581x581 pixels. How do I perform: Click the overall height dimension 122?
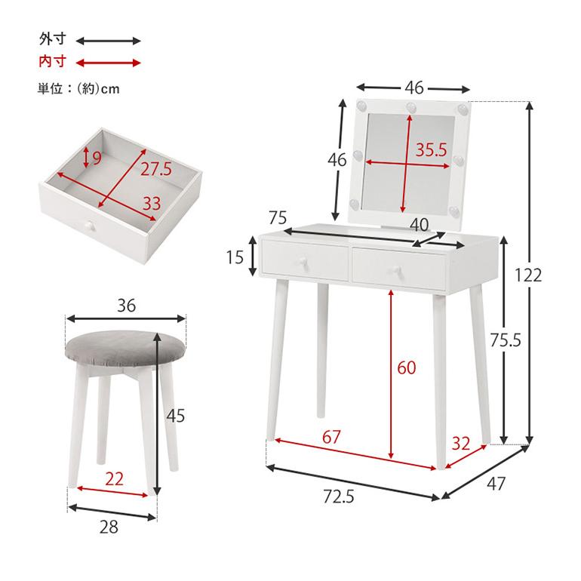pyautogui.click(x=528, y=275)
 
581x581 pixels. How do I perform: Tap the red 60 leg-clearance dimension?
pyautogui.click(x=406, y=367)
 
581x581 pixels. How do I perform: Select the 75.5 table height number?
pyautogui.click(x=506, y=340)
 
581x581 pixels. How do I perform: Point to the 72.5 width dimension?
pyautogui.click(x=339, y=496)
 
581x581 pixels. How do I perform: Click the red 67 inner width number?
pyautogui.click(x=331, y=437)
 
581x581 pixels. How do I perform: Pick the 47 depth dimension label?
pyautogui.click(x=496, y=484)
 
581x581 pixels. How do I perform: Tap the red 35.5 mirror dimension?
pyautogui.click(x=432, y=149)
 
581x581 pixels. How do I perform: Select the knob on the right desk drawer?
pyautogui.click(x=395, y=270)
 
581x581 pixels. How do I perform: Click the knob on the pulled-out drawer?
pyautogui.click(x=89, y=226)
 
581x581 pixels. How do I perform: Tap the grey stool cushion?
pyautogui.click(x=125, y=349)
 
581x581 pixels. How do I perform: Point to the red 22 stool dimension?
pyautogui.click(x=114, y=479)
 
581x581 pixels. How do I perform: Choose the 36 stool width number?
pyautogui.click(x=126, y=306)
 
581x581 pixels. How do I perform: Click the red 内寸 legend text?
pyautogui.click(x=53, y=61)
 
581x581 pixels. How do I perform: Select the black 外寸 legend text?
pyautogui.click(x=53, y=39)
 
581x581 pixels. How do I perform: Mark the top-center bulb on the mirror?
pyautogui.click(x=411, y=107)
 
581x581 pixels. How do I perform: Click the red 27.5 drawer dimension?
pyautogui.click(x=156, y=169)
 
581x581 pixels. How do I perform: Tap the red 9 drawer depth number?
pyautogui.click(x=97, y=158)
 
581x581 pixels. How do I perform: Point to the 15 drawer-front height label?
pyautogui.click(x=235, y=257)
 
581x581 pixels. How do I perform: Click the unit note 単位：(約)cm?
pyautogui.click(x=78, y=89)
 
